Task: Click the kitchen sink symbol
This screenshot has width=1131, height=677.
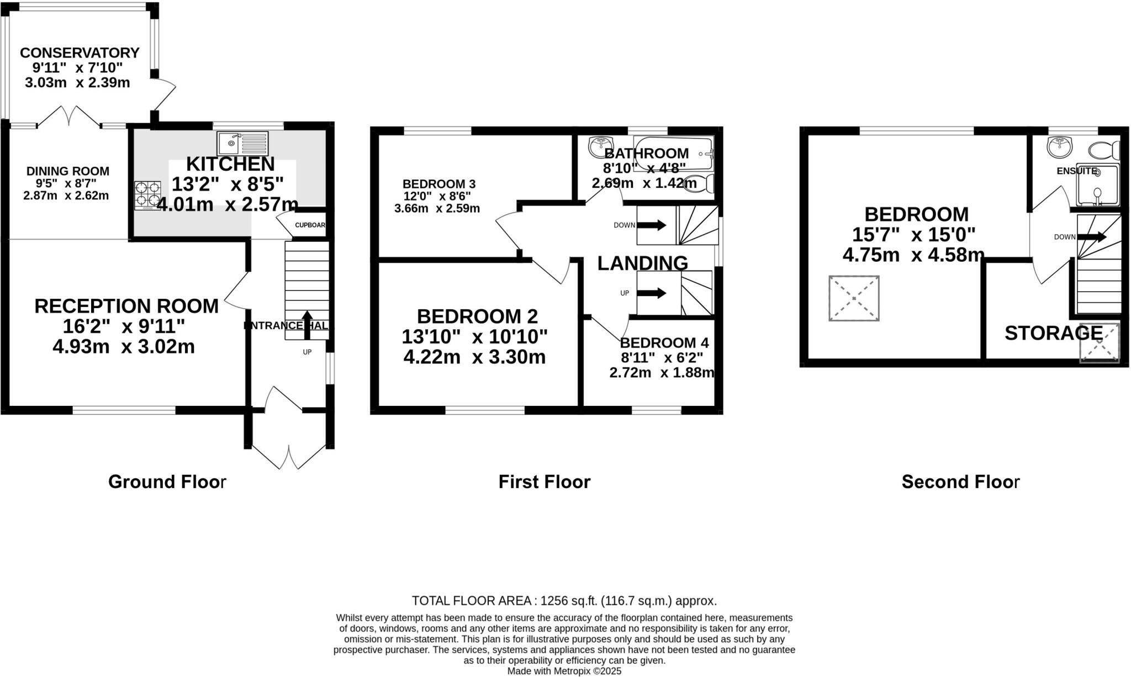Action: pos(242,144)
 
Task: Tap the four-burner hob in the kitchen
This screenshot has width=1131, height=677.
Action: pos(147,195)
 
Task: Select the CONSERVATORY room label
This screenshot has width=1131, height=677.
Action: pos(80,53)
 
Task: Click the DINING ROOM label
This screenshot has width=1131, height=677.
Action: pos(68,171)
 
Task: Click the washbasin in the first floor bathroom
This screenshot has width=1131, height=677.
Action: pos(599,146)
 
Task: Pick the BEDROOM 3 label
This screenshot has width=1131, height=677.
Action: pos(439,184)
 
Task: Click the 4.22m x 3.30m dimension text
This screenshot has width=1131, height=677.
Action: pos(474,357)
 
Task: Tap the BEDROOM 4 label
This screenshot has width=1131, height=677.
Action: pos(664,343)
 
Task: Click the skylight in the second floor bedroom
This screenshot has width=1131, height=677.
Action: pos(854,298)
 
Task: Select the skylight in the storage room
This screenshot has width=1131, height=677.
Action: pos(1100,343)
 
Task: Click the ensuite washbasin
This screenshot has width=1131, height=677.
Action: pos(1059,147)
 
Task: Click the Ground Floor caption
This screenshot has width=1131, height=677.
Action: pos(167,482)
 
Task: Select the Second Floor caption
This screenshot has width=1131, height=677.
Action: pos(960,482)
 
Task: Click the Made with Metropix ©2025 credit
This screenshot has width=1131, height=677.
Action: pos(564,671)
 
